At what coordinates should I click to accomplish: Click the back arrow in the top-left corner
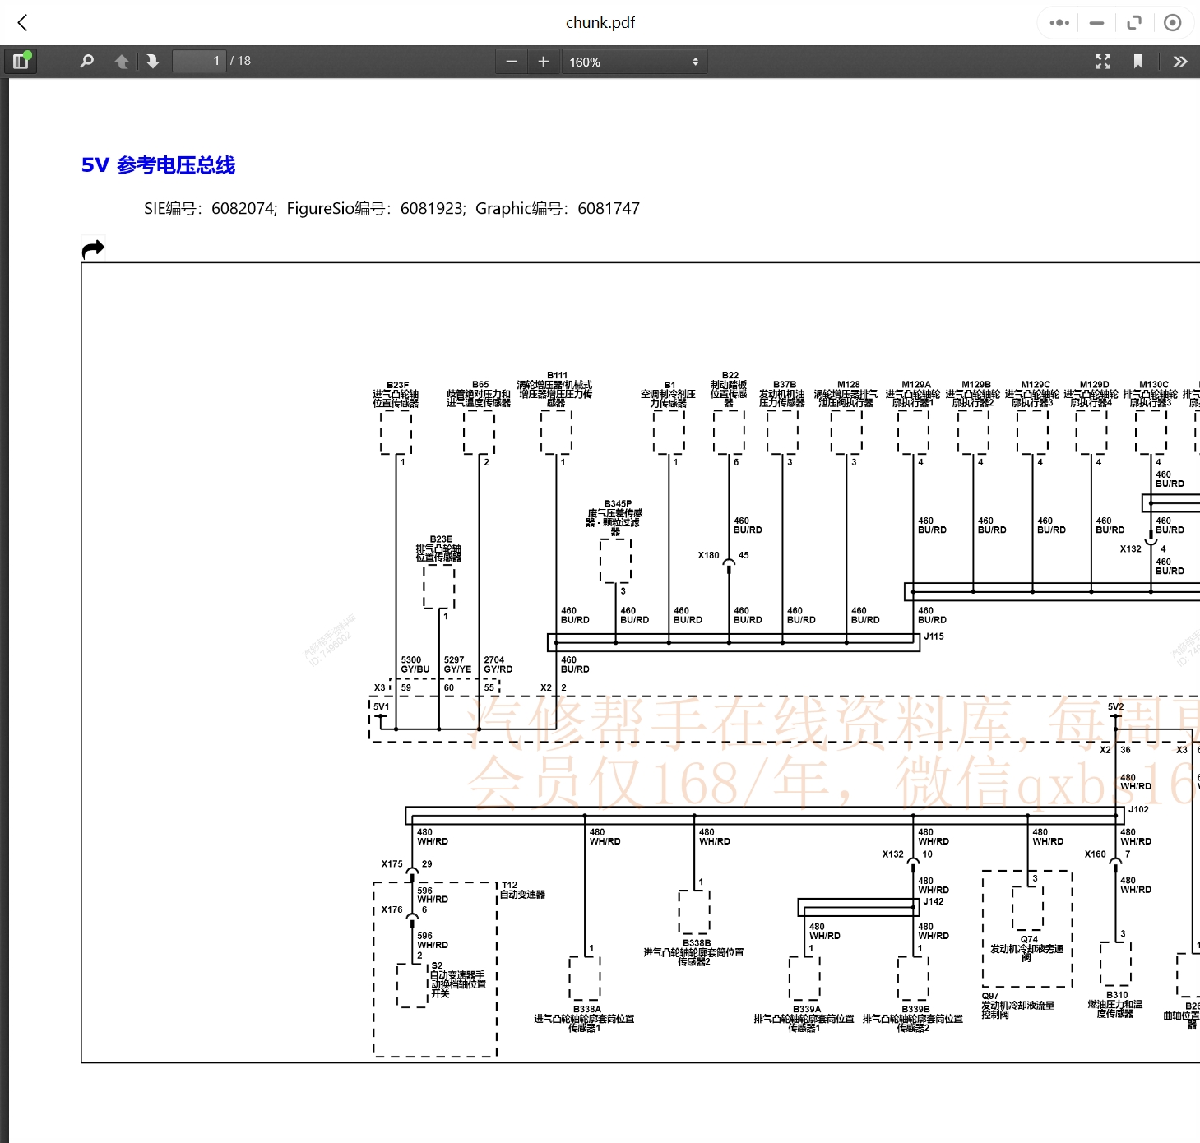(x=23, y=23)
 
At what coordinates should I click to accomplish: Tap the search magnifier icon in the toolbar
(x=86, y=62)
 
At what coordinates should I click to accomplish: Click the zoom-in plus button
(x=543, y=62)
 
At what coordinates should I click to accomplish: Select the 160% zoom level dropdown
(x=633, y=62)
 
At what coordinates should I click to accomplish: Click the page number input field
(x=198, y=61)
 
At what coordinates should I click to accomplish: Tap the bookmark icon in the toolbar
(x=1137, y=62)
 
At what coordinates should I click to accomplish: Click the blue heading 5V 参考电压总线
(x=158, y=165)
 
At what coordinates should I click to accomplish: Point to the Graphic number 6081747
(x=608, y=209)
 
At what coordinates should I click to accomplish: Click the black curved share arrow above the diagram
(x=93, y=248)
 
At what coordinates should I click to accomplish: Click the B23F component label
(x=397, y=385)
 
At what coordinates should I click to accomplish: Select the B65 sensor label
(x=480, y=385)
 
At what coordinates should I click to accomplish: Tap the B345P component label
(x=618, y=504)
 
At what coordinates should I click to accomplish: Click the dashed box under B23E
(x=438, y=586)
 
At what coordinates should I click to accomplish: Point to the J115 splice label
(x=934, y=636)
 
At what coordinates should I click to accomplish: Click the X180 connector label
(x=708, y=556)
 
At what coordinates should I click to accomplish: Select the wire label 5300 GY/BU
(x=415, y=664)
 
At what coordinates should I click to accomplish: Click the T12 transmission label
(x=510, y=886)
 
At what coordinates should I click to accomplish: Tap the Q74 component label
(x=1029, y=939)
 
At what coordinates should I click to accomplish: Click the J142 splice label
(x=934, y=901)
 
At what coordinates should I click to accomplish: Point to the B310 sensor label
(x=1117, y=995)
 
